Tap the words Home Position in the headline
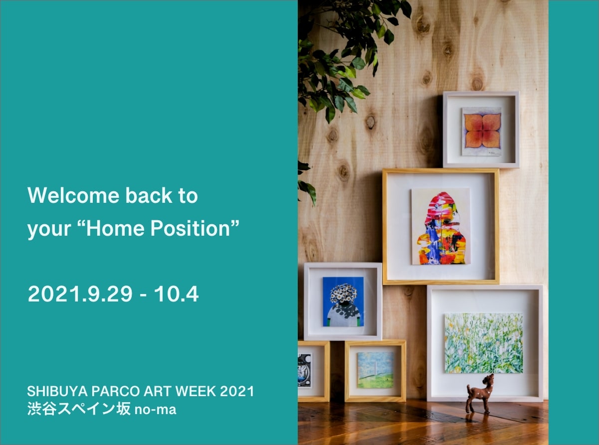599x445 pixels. (x=158, y=228)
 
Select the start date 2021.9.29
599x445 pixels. (x=80, y=294)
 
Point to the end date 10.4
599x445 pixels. (x=176, y=294)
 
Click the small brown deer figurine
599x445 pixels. (x=480, y=394)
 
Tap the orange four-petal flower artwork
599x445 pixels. (x=482, y=132)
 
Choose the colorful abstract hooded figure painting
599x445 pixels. (x=441, y=226)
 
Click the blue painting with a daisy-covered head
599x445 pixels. (x=343, y=301)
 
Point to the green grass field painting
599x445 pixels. (x=484, y=343)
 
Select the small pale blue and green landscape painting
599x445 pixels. (x=376, y=370)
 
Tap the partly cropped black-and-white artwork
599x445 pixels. (x=304, y=371)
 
